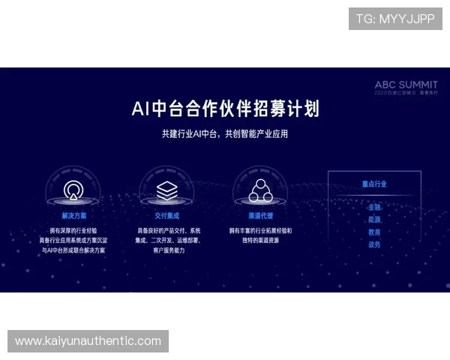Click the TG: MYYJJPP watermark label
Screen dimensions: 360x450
point(395,19)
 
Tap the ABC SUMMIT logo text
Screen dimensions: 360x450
point(406,85)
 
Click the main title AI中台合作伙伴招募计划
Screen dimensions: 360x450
point(225,109)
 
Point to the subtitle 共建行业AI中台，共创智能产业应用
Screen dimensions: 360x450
point(225,134)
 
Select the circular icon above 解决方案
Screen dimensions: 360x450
point(73,190)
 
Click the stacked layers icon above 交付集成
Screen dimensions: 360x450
point(166,190)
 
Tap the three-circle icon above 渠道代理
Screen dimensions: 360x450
point(260,190)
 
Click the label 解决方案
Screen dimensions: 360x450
point(73,214)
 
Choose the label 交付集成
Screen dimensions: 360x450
point(166,214)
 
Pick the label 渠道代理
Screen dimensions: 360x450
point(260,214)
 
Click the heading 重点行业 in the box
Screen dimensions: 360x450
point(373,184)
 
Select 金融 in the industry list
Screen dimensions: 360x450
point(373,207)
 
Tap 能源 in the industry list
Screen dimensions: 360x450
point(373,220)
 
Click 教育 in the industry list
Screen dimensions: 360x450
point(373,232)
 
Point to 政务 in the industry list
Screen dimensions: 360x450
point(373,244)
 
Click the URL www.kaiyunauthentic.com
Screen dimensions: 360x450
point(88,341)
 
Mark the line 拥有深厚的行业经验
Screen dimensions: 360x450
point(73,230)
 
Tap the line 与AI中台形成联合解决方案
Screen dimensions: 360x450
point(73,250)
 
